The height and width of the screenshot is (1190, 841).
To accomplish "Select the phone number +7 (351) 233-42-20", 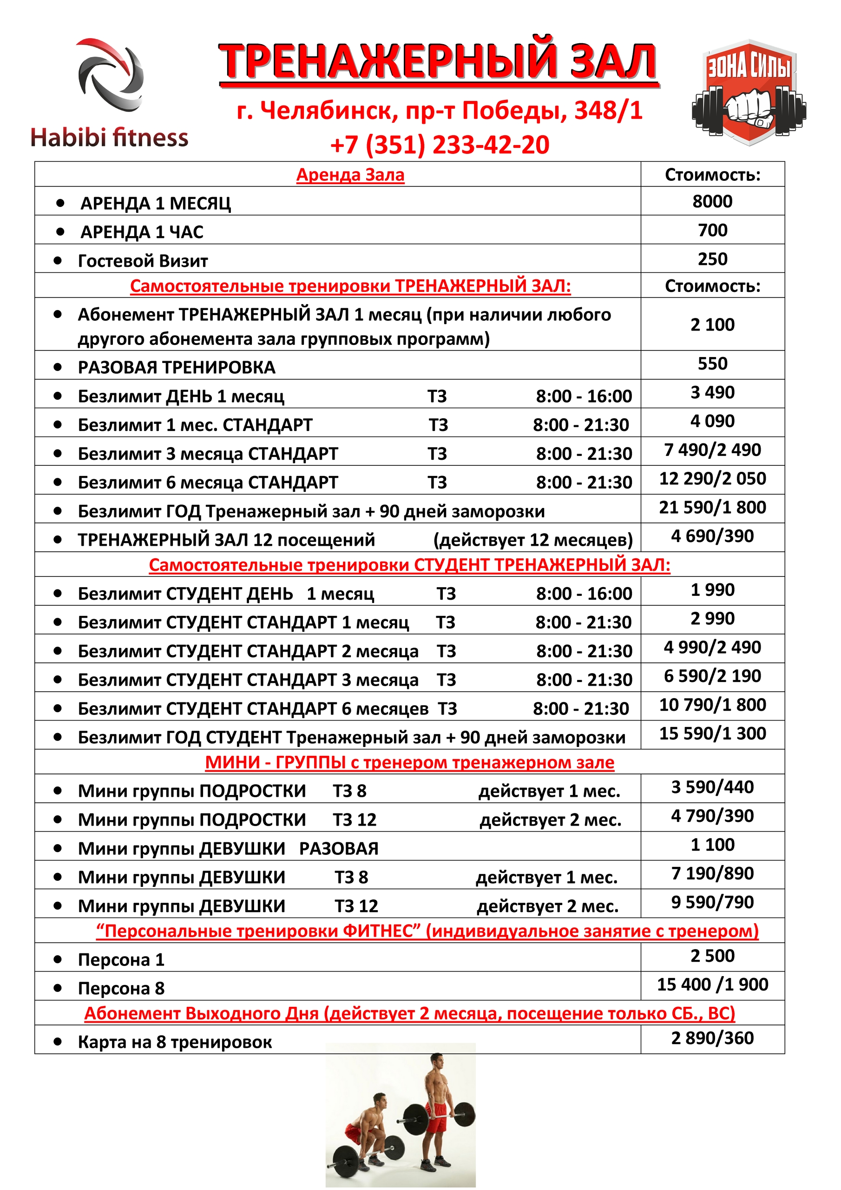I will click(x=440, y=145).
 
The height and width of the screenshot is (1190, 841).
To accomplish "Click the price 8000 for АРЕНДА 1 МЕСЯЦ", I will click(x=712, y=201).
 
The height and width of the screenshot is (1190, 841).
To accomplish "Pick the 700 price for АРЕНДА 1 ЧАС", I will click(x=712, y=230).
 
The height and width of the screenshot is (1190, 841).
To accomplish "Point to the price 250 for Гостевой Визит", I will click(x=712, y=258).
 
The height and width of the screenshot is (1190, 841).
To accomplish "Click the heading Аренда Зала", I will click(x=350, y=175).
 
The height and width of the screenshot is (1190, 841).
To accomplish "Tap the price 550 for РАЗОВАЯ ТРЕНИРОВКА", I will click(x=712, y=364).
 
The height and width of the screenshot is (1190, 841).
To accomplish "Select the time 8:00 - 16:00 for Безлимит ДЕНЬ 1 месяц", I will click(x=584, y=397).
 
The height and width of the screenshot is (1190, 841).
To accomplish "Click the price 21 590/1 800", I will click(x=712, y=508).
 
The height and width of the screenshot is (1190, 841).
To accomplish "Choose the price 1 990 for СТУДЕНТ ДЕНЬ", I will click(x=712, y=590).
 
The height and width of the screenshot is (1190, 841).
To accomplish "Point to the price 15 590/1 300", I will click(x=712, y=734).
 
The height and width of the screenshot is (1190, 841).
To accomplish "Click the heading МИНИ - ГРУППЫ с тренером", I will click(x=409, y=762).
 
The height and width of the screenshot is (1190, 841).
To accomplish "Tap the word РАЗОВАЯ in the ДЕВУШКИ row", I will click(x=339, y=848).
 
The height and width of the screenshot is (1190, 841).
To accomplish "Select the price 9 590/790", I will click(x=712, y=902).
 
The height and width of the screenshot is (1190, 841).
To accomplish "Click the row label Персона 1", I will click(x=121, y=960).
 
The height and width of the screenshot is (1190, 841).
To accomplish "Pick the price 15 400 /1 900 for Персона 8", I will click(x=712, y=984).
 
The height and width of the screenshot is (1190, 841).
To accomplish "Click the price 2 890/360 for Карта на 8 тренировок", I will click(x=712, y=1038).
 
